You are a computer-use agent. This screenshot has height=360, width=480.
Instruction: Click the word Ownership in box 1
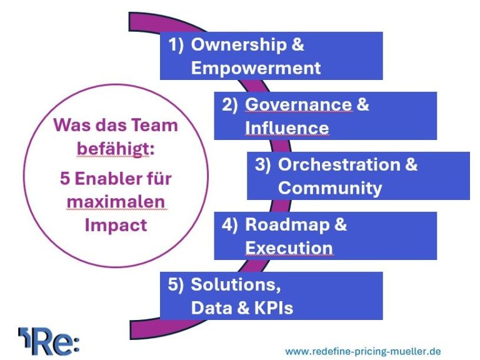pyautogui.click(x=239, y=45)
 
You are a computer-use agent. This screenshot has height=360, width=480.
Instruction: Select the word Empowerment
pyautogui.click(x=256, y=67)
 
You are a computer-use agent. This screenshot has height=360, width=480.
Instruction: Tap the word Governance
pyautogui.click(x=299, y=105)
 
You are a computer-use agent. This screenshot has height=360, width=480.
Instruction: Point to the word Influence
pyautogui.click(x=287, y=127)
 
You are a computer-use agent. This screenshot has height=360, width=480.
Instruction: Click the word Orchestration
pyautogui.click(x=339, y=164)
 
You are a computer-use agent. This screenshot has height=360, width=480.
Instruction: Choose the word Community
pyautogui.click(x=330, y=188)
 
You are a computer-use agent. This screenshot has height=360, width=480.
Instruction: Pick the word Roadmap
pyautogui.click(x=287, y=224)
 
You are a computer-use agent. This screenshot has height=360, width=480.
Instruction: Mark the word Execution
pyautogui.click(x=289, y=247)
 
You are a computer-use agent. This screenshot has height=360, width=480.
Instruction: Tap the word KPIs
pyautogui.click(x=274, y=307)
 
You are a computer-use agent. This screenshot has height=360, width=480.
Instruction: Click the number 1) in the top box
pyautogui.click(x=176, y=45)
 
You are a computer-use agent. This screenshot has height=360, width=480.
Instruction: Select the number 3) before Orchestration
pyautogui.click(x=263, y=165)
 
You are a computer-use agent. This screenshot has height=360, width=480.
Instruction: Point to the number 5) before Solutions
pyautogui.click(x=176, y=285)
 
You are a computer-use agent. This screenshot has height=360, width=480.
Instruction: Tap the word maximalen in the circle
pyautogui.click(x=116, y=202)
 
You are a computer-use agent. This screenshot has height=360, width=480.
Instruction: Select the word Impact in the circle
pyautogui.click(x=116, y=225)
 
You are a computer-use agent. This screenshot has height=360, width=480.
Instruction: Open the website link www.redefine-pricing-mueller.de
pyautogui.click(x=363, y=351)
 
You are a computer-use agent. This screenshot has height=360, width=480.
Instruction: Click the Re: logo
pyautogui.click(x=49, y=341)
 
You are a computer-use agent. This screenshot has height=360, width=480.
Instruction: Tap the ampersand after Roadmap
pyautogui.click(x=341, y=224)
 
